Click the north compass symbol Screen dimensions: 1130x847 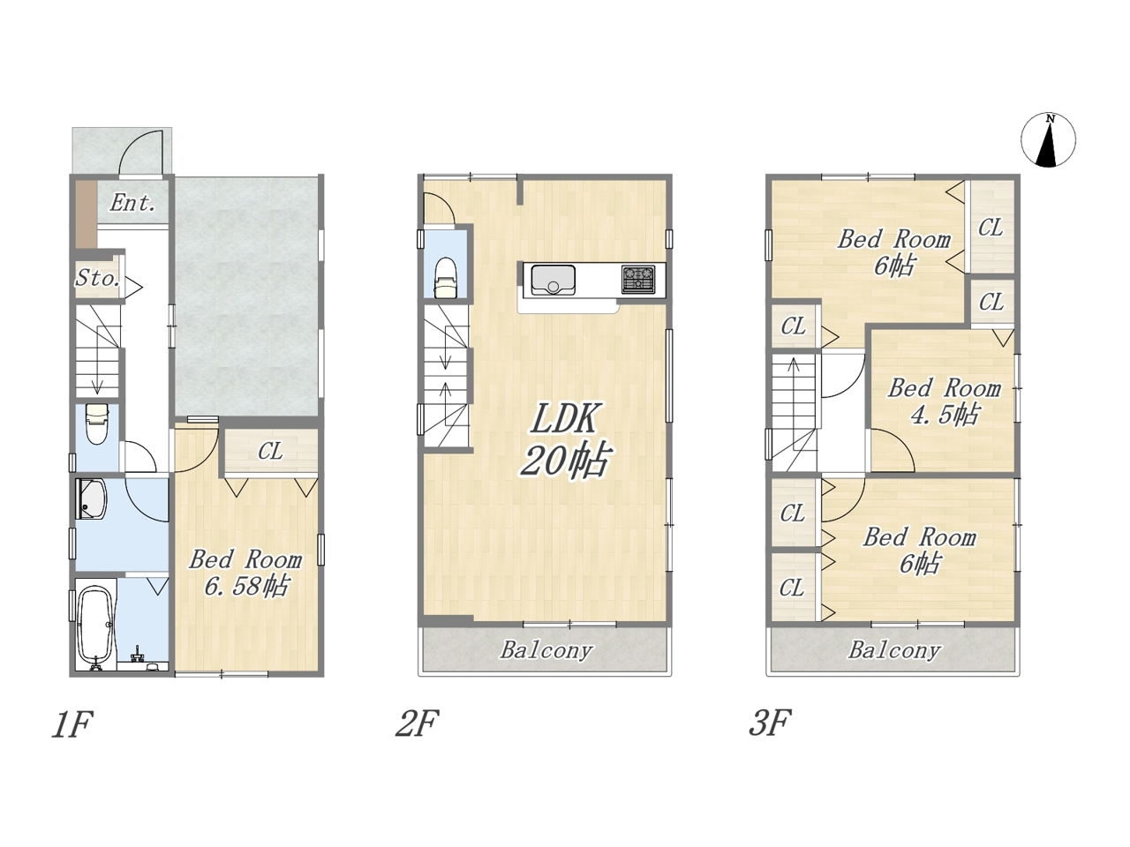pos(1048,140)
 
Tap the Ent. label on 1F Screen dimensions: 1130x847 pos(132,203)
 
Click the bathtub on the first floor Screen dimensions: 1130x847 pos(95,625)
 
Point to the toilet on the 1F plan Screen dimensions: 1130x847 pos(96,424)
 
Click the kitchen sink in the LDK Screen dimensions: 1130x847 pos(553,280)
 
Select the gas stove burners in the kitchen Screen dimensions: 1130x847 pos(638,280)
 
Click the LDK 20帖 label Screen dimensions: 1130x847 pos(565,440)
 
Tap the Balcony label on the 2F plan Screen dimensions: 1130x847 pos(546,650)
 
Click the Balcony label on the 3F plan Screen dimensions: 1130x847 pos(895,650)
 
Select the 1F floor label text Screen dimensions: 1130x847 pos(72,725)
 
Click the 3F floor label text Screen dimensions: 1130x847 pos(770,723)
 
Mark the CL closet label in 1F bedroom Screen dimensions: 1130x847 pos(270,452)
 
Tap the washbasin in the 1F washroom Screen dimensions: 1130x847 pos(92,498)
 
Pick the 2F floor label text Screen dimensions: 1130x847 pos(418,723)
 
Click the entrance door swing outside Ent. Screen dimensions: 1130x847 pos(141,153)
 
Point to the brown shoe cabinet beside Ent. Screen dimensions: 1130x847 pos(87,215)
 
